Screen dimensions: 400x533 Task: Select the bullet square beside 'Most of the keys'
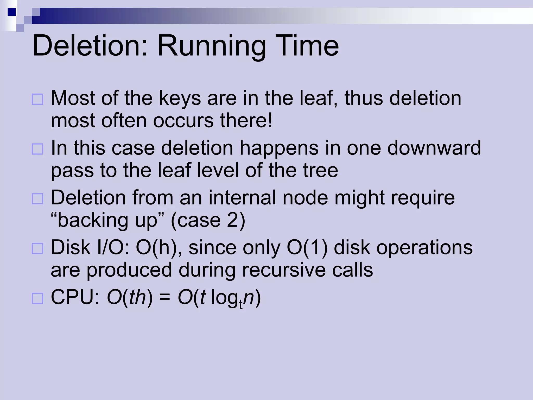pos(37,99)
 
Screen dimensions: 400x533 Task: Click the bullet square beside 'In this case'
pos(37,149)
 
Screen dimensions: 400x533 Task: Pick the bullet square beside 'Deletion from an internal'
pos(37,199)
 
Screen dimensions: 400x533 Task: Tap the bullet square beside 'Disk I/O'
pos(37,248)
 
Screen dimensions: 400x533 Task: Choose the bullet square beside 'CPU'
pos(37,298)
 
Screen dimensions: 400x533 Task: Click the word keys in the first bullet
pos(180,99)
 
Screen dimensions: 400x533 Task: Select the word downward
pos(434,148)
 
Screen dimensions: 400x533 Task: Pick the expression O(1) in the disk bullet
pos(307,247)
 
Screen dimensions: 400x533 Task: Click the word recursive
pos(284,270)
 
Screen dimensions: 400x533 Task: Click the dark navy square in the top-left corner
pos(12,12)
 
